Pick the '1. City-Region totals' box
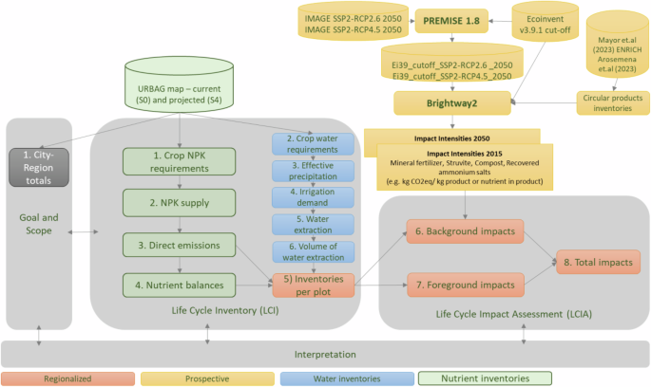pyautogui.click(x=38, y=161)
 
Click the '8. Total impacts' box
pyautogui.click(x=598, y=263)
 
